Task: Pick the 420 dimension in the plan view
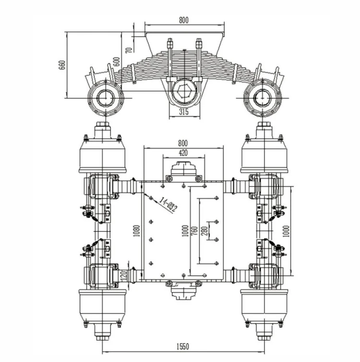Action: coord(183,153)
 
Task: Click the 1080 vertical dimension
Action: coord(137,231)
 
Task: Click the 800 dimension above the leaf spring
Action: coord(183,20)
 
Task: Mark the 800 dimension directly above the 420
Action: coord(183,143)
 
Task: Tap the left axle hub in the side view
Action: coord(106,98)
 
